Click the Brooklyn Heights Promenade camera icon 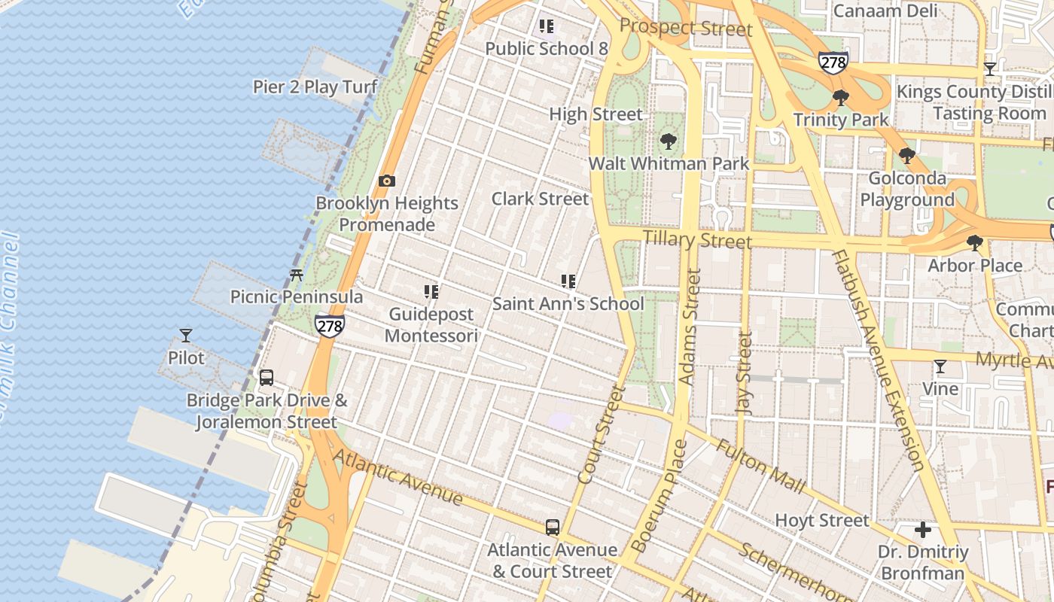(x=387, y=181)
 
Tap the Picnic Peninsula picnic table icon (x=297, y=275)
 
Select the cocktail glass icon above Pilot (x=186, y=335)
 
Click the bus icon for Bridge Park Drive (x=267, y=378)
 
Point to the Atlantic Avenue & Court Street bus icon (x=553, y=527)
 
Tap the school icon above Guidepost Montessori (x=431, y=291)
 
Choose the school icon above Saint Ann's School (x=568, y=281)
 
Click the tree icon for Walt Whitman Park (x=668, y=141)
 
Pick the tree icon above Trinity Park (x=841, y=98)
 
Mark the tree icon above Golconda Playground (x=907, y=156)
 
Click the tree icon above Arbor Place (x=975, y=243)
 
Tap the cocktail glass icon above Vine (x=940, y=366)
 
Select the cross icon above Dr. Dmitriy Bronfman (x=923, y=530)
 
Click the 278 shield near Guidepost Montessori (x=330, y=325)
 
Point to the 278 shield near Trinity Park (x=833, y=62)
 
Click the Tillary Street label (x=697, y=239)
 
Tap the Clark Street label (x=540, y=199)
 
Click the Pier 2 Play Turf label (x=315, y=87)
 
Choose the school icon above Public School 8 (x=547, y=27)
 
